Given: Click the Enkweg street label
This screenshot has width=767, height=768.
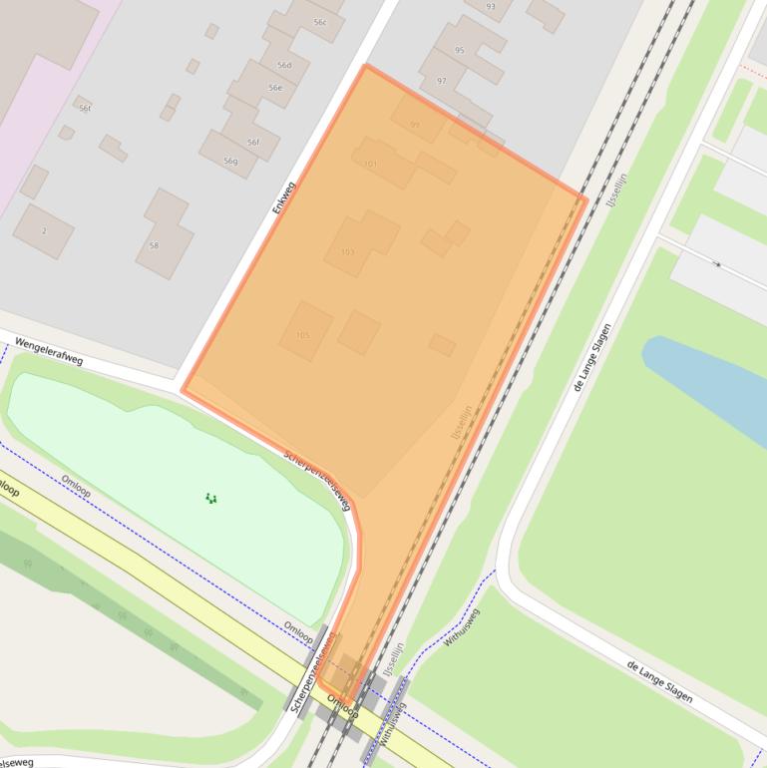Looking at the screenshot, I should (x=284, y=196).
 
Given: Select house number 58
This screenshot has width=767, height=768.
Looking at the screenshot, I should (x=154, y=244).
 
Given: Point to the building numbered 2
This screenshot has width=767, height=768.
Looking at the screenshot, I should (x=44, y=230).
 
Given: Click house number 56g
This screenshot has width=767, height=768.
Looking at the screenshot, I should (x=230, y=162).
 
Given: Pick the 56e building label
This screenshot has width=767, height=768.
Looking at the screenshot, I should (x=275, y=88).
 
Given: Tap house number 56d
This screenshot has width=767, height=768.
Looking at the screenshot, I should (x=284, y=66).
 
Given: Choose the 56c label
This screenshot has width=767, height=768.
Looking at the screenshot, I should (x=319, y=21).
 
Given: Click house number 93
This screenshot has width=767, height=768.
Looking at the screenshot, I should (x=491, y=6).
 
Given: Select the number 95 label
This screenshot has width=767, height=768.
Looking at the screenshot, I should (x=459, y=50).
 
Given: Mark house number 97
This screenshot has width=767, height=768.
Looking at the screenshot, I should (x=441, y=80).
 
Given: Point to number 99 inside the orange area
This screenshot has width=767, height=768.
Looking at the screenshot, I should (x=415, y=125).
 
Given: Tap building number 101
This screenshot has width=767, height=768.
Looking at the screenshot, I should (x=370, y=165).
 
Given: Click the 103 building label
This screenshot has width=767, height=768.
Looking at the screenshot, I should (x=347, y=252).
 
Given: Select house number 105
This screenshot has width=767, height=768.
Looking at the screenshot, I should (x=302, y=335).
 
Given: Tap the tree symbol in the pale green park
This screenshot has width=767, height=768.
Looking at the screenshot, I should (x=210, y=498).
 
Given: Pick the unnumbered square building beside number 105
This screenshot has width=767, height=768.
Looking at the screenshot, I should (x=358, y=332).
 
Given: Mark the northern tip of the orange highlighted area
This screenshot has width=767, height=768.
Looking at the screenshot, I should (x=366, y=67).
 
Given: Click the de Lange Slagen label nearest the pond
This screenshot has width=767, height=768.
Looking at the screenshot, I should (x=592, y=356).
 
